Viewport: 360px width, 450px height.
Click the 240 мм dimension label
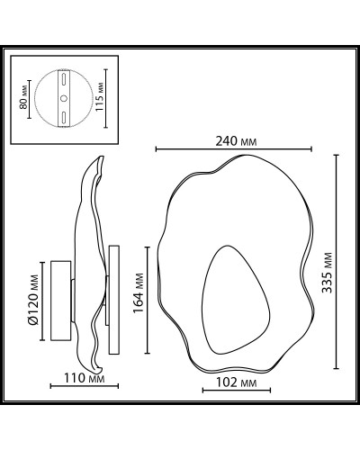236,141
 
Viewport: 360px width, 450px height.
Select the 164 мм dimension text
139,292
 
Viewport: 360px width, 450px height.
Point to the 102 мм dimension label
236,382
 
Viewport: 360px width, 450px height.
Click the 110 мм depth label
85,378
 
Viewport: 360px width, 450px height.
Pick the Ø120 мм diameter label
33,300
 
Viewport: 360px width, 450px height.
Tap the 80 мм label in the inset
23,97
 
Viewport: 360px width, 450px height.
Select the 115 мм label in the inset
100,96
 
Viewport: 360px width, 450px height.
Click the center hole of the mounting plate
64,98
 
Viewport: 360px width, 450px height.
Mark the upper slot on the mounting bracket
64,79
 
